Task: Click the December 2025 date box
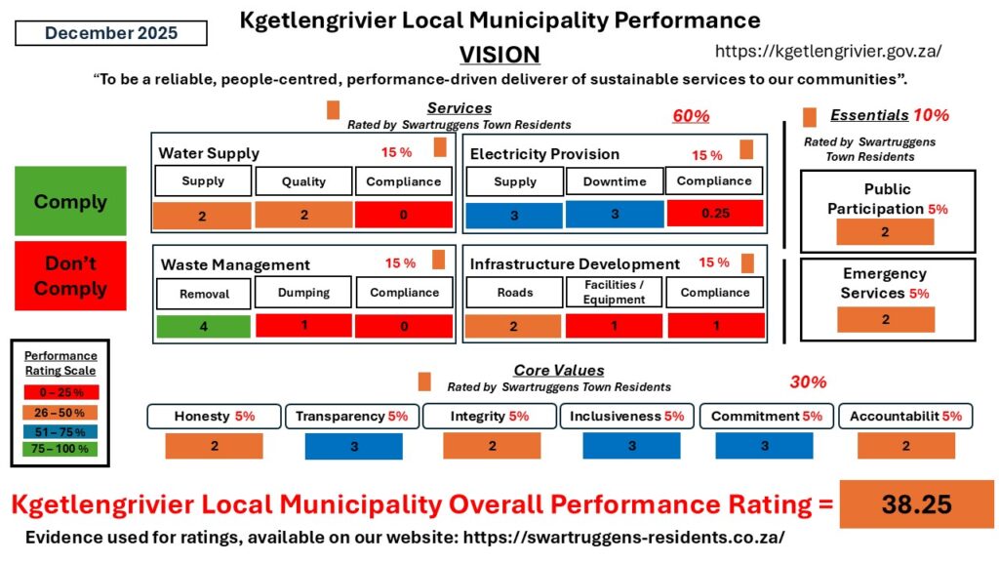pyautogui.click(x=111, y=33)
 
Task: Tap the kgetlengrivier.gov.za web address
pyautogui.click(x=828, y=51)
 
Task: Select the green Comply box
pyautogui.click(x=70, y=201)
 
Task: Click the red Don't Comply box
pyautogui.click(x=70, y=276)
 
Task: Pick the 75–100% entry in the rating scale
pyautogui.click(x=60, y=448)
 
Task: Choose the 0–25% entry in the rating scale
pyautogui.click(x=60, y=392)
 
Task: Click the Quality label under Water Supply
pyautogui.click(x=303, y=181)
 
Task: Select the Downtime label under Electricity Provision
pyautogui.click(x=614, y=181)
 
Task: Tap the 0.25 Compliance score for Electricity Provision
pyautogui.click(x=715, y=214)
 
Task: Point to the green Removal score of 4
pyautogui.click(x=203, y=327)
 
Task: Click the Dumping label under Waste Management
pyautogui.click(x=303, y=292)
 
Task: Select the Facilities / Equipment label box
pyautogui.click(x=614, y=292)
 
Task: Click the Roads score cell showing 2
pyautogui.click(x=514, y=327)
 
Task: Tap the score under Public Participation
pyautogui.click(x=885, y=232)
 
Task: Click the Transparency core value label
pyautogui.click(x=352, y=417)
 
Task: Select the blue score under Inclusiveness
pyautogui.click(x=631, y=446)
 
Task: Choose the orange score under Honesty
pyautogui.click(x=214, y=446)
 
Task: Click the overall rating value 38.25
pyautogui.click(x=916, y=503)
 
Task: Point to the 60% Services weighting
pyautogui.click(x=691, y=116)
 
